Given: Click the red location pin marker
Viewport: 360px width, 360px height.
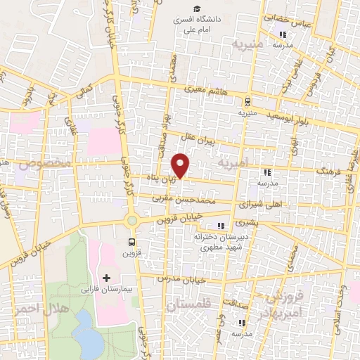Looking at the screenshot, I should tap(181, 165).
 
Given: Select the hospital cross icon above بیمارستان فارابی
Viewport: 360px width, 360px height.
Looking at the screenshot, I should tap(107, 278).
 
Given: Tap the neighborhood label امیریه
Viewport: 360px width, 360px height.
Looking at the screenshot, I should tap(235, 163).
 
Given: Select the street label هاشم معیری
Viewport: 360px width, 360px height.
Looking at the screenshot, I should tap(205, 90).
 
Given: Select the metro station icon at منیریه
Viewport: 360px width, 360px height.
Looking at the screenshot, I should tap(246, 101).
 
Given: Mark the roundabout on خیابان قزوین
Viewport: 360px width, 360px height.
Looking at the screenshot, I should tap(131, 221).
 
